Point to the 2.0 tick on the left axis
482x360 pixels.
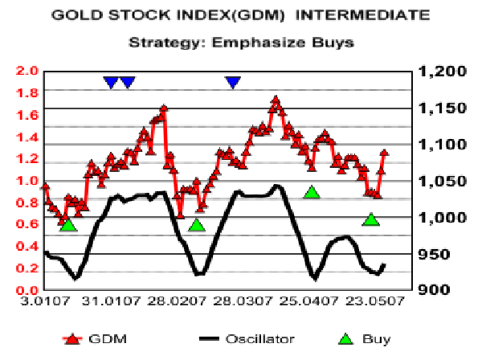pos(27,72)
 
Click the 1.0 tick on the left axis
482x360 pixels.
pos(27,181)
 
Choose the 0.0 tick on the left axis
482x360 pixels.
pos(27,290)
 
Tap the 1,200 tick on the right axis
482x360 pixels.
pos(438,72)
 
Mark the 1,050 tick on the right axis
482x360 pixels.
pos(438,181)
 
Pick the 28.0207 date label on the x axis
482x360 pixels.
pos(171,302)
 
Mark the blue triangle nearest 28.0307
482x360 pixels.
pos(233,82)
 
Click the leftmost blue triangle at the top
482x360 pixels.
pos(111,82)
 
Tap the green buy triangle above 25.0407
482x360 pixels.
pos(312,192)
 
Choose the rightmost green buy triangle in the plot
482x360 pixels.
pos(371,219)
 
